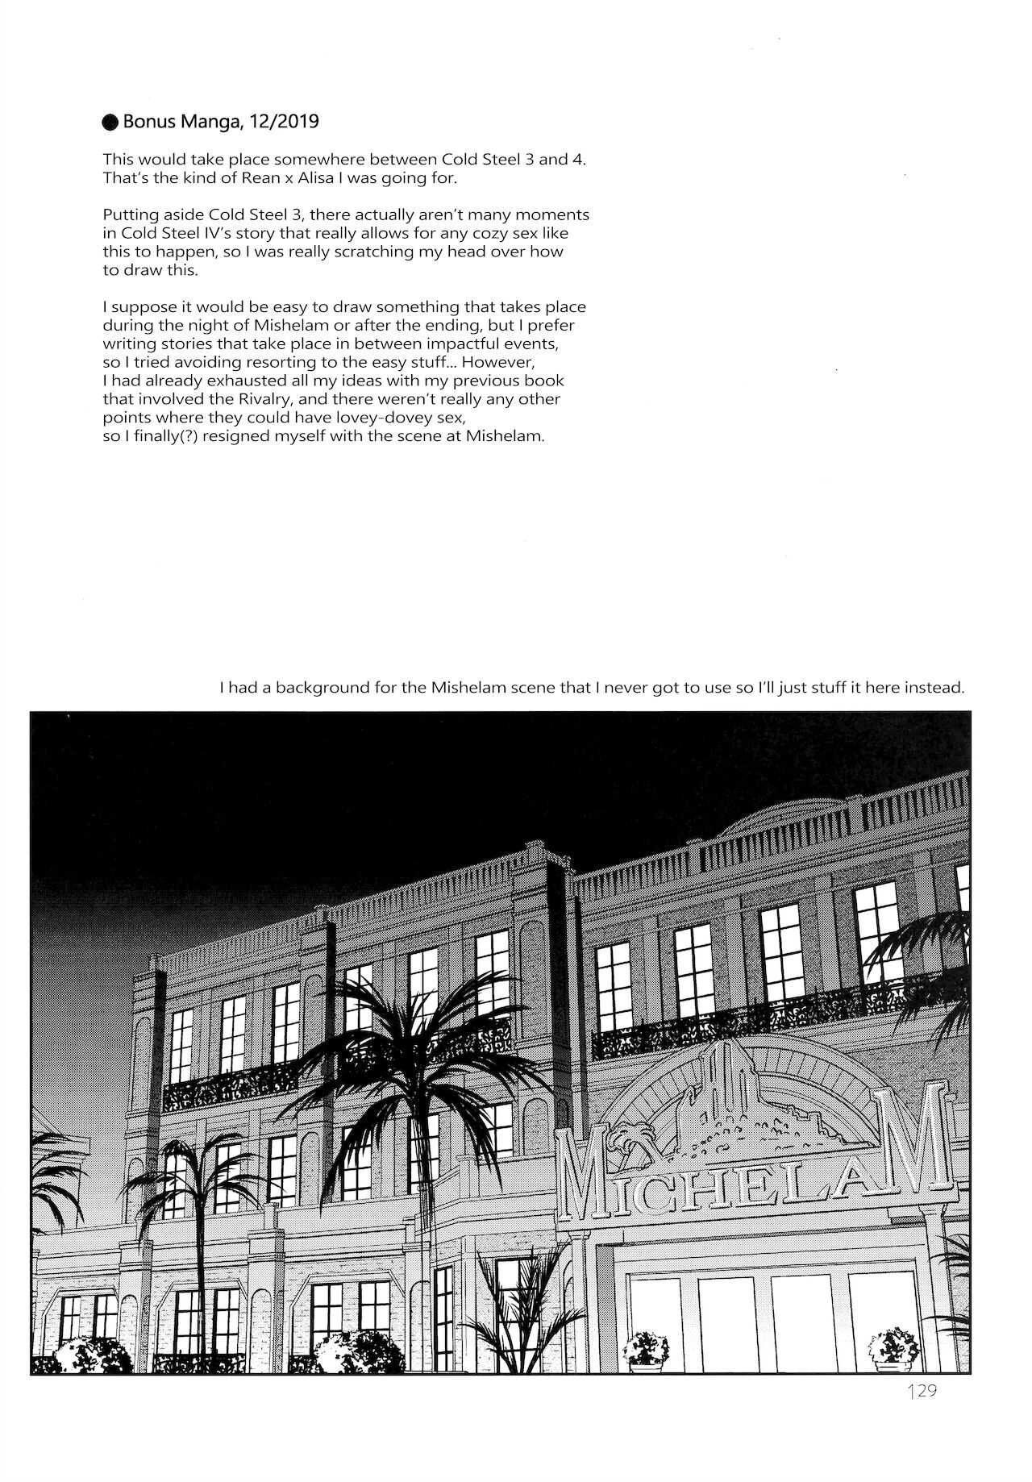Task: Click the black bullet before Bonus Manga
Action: [x=111, y=123]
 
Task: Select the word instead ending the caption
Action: [x=937, y=689]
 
